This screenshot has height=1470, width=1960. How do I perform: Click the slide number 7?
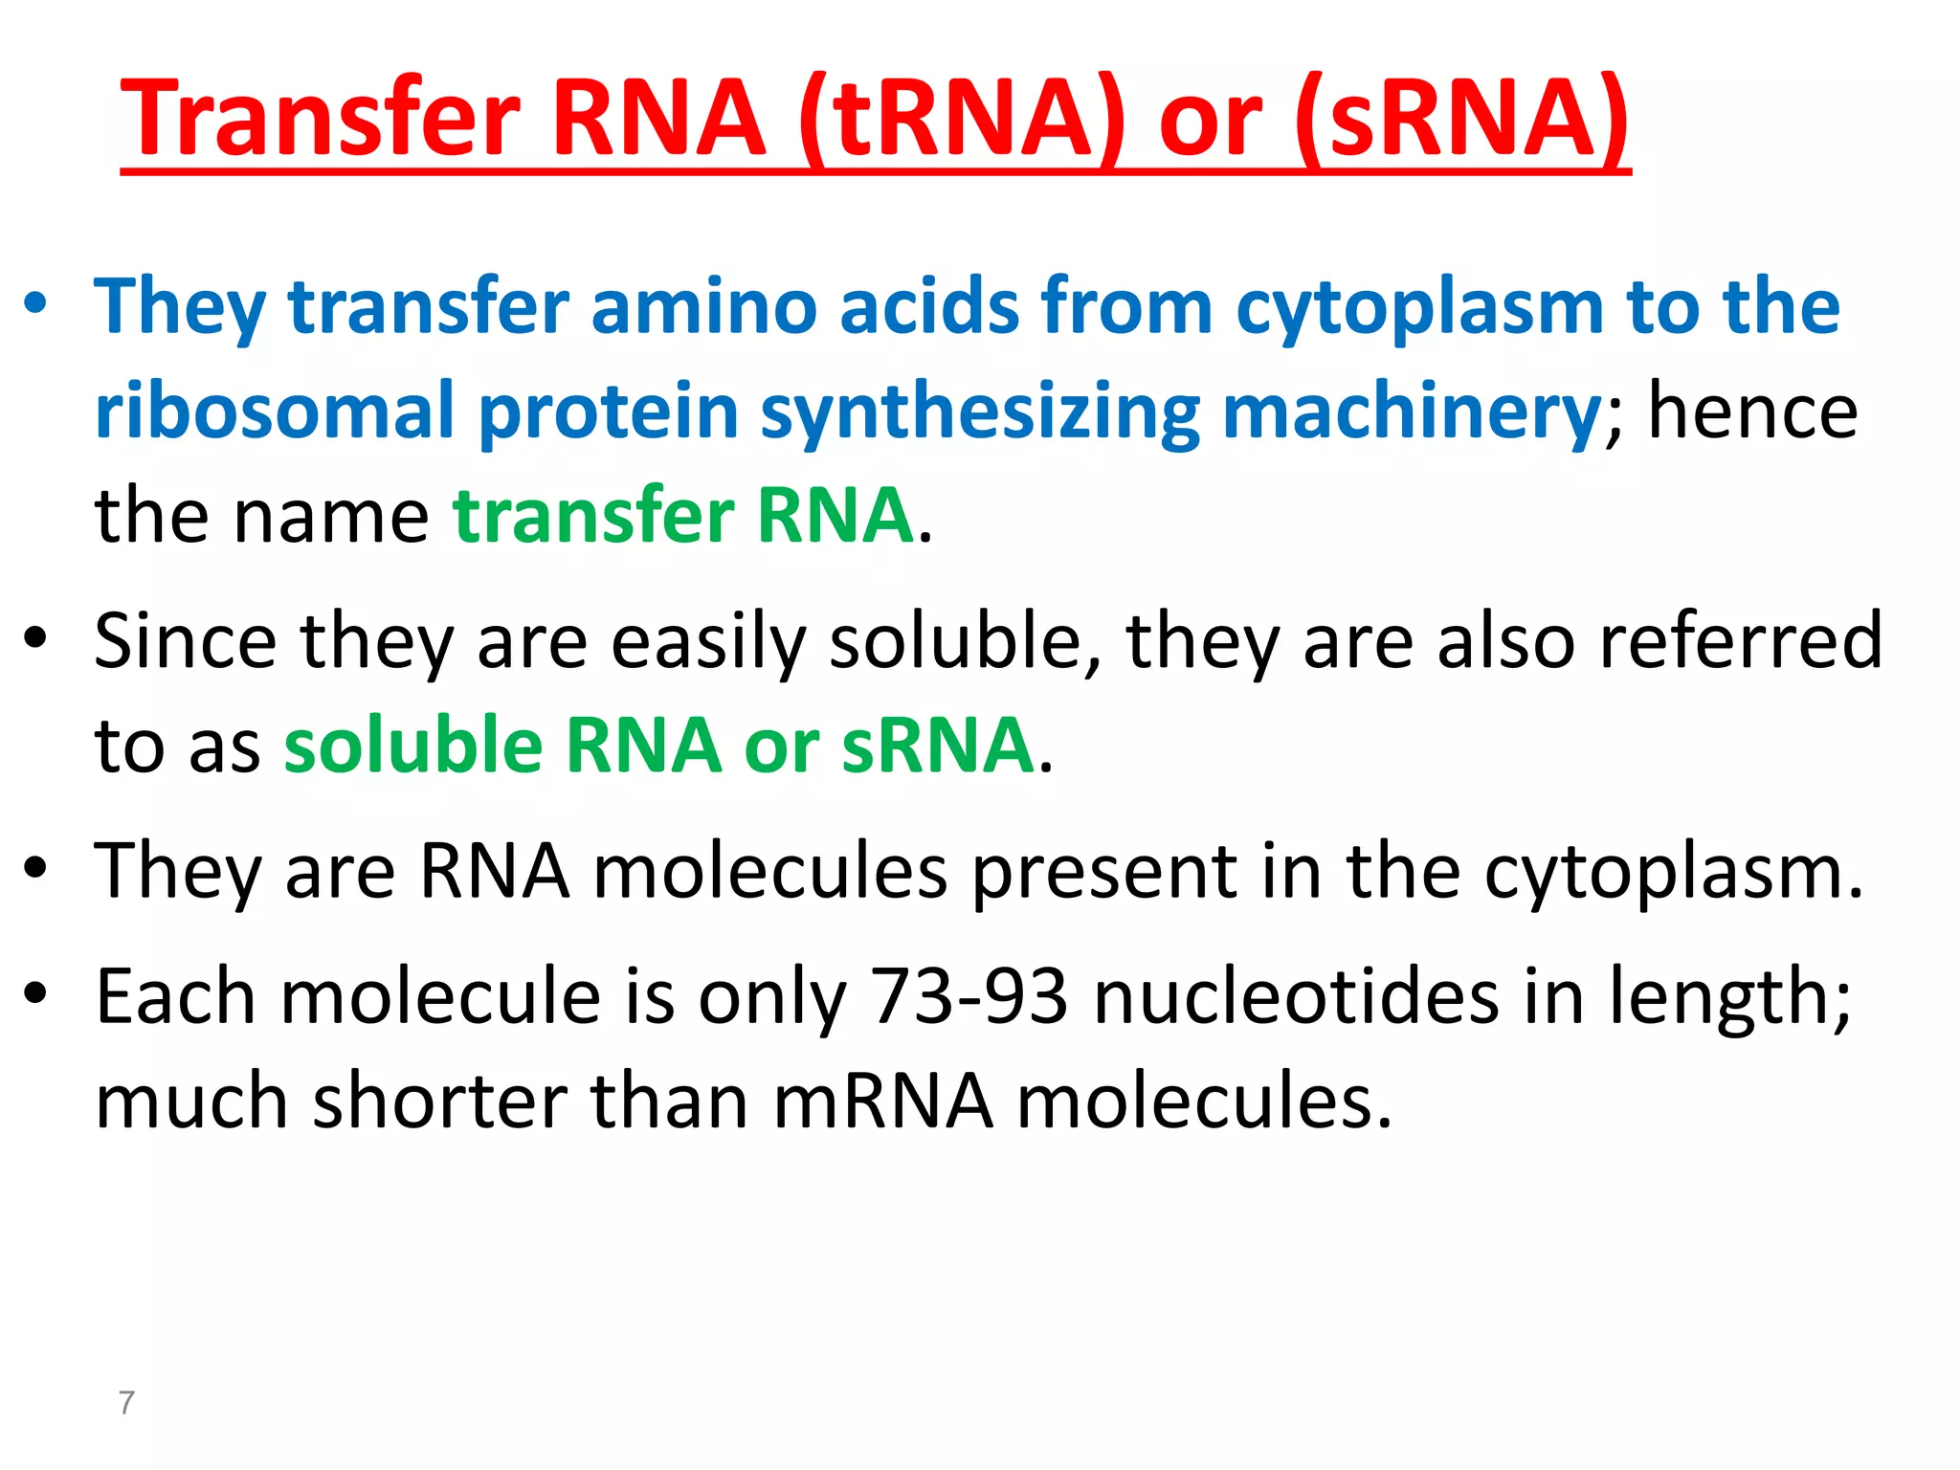pos(126,1402)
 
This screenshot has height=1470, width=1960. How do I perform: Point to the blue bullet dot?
pos(35,304)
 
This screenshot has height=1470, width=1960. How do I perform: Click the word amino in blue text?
pos(703,306)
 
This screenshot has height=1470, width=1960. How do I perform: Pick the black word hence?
pos(1752,412)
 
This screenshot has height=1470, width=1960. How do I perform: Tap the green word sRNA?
pos(937,746)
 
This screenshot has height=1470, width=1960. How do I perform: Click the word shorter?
pos(440,1101)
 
